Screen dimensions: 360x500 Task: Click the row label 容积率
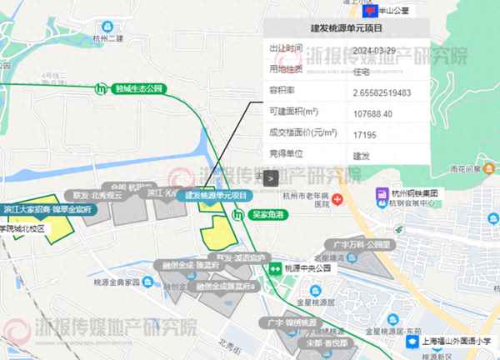point(281,92)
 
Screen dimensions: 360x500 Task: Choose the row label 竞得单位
point(284,155)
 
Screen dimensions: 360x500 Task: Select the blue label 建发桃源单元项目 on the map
point(216,195)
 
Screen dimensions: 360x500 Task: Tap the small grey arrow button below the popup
point(270,177)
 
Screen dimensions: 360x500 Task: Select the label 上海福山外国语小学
point(454,342)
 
